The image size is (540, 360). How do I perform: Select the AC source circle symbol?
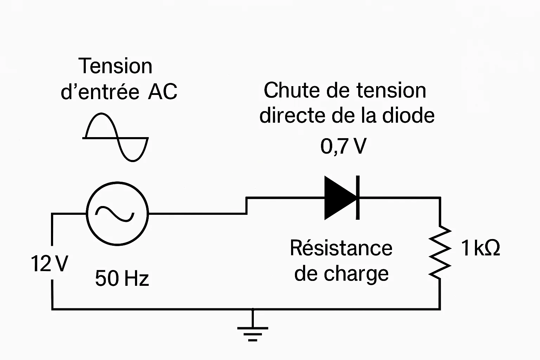(x=117, y=213)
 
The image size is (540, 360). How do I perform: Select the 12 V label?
(x=49, y=264)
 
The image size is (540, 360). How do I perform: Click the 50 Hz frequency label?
(x=122, y=278)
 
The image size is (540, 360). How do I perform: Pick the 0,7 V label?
(x=343, y=146)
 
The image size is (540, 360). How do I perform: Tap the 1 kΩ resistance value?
(x=480, y=248)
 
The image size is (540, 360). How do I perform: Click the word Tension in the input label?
(x=115, y=66)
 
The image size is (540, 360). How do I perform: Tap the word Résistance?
(x=341, y=248)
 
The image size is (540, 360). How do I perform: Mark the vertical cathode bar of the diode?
(x=358, y=198)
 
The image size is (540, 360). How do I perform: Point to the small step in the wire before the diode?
(x=247, y=206)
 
